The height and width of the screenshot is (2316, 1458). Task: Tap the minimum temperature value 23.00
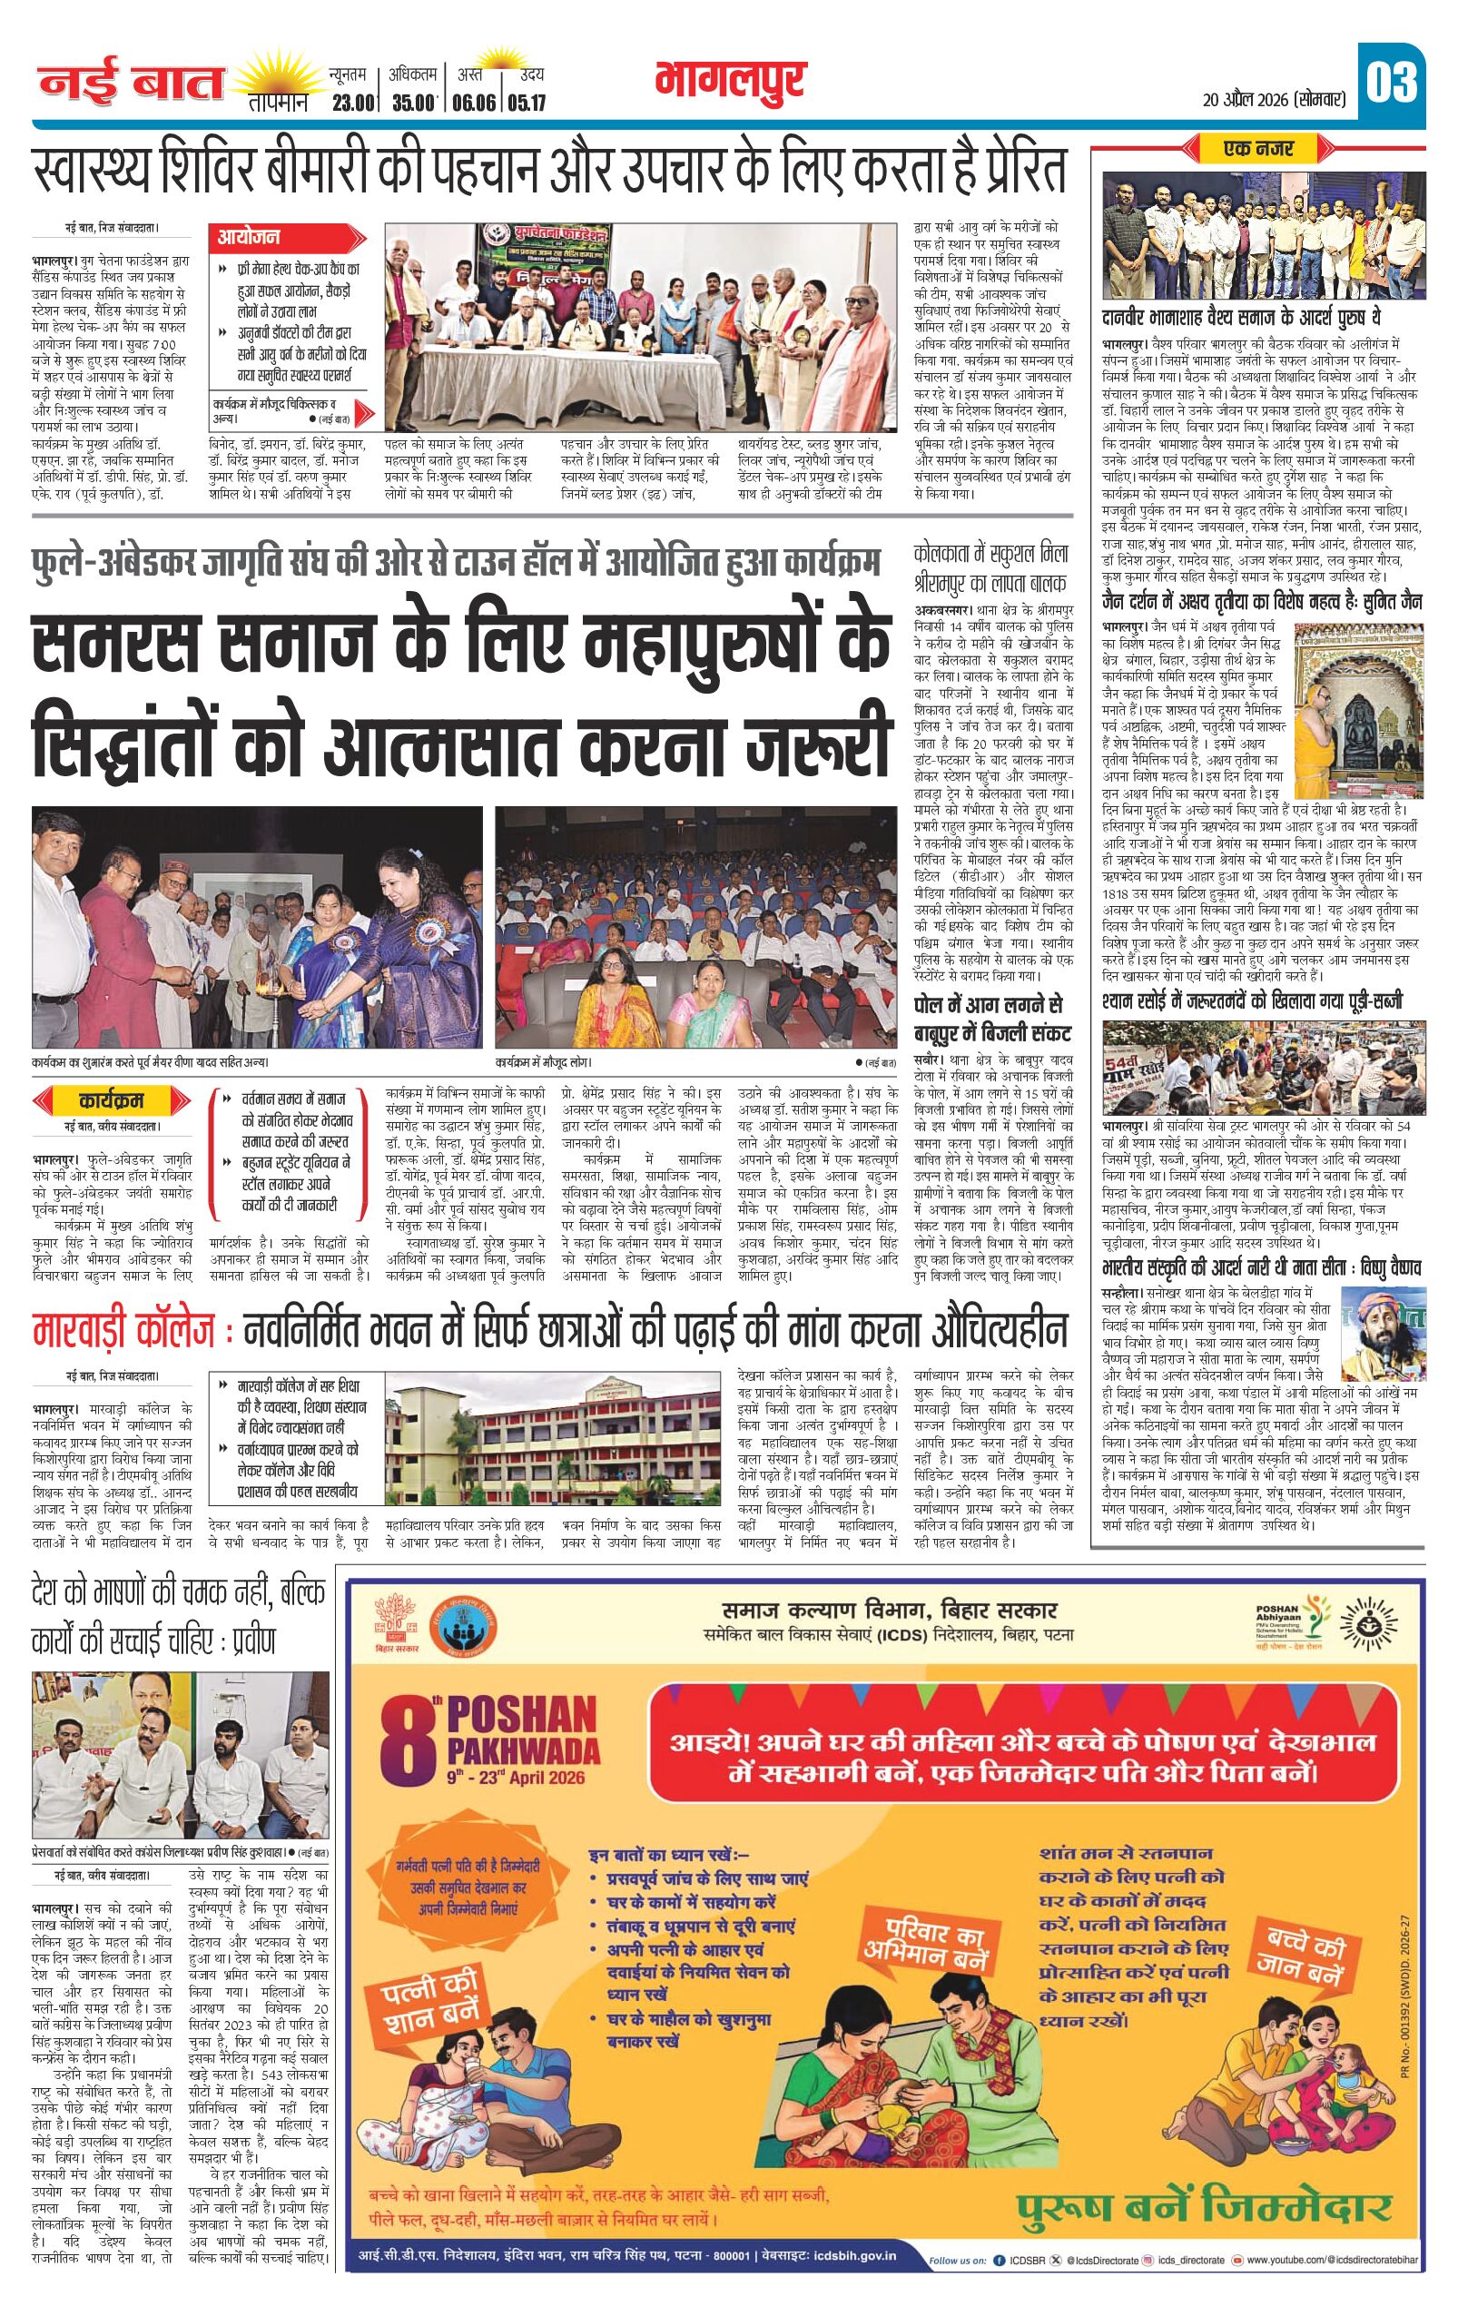click(x=352, y=103)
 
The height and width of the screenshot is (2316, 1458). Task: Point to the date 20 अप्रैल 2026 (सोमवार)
click(x=1274, y=98)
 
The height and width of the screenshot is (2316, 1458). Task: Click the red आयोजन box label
click(x=248, y=237)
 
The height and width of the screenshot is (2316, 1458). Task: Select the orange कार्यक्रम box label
click(x=112, y=1098)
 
